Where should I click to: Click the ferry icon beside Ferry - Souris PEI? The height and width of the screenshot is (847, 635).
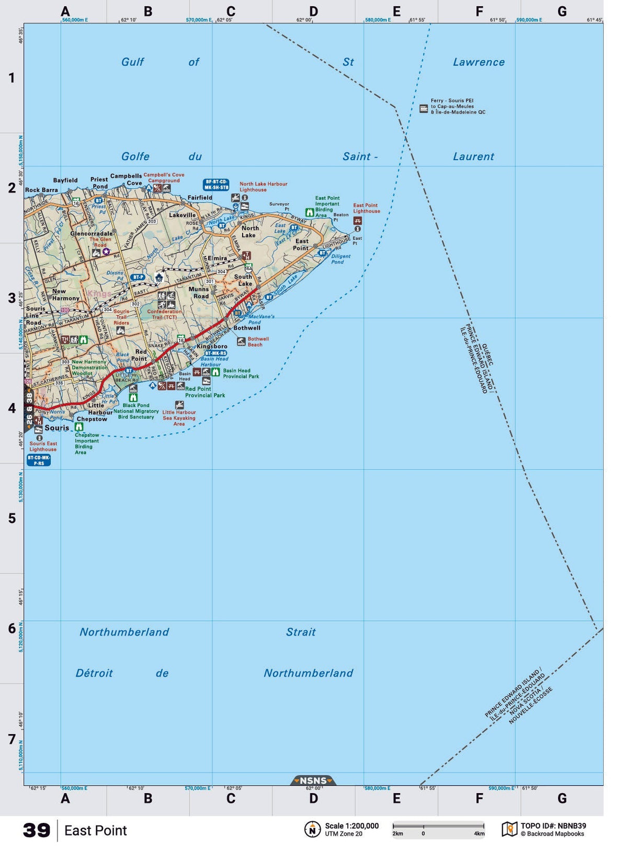pyautogui.click(x=424, y=108)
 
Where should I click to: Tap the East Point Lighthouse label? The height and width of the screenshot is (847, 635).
pyautogui.click(x=366, y=208)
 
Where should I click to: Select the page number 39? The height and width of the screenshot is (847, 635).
pyautogui.click(x=37, y=830)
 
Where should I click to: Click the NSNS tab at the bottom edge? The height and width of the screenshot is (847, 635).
pyautogui.click(x=313, y=781)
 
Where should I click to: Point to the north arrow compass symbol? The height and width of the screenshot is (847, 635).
pyautogui.click(x=312, y=829)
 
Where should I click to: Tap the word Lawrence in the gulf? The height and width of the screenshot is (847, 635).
pyautogui.click(x=479, y=62)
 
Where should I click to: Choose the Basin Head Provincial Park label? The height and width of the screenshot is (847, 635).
pyautogui.click(x=241, y=373)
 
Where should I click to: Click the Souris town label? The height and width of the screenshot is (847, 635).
pyautogui.click(x=56, y=428)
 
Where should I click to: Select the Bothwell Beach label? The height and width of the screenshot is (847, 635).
pyautogui.click(x=258, y=342)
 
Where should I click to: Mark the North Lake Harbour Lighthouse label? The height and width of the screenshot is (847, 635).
pyautogui.click(x=263, y=187)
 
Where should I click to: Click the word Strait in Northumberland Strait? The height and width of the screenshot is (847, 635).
pyautogui.click(x=301, y=632)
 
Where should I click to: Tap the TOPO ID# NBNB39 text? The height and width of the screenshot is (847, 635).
pyautogui.click(x=553, y=826)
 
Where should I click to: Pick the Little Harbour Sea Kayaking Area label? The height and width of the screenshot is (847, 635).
pyautogui.click(x=179, y=418)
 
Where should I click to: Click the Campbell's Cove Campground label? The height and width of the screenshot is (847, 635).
pyautogui.click(x=164, y=177)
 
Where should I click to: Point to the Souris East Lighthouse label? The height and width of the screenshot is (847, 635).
pyautogui.click(x=43, y=446)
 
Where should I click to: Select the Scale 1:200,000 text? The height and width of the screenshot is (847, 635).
pyautogui.click(x=351, y=826)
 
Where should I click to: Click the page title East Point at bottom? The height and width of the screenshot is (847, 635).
pyautogui.click(x=96, y=831)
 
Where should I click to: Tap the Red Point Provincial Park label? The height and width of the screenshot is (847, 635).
pyautogui.click(x=205, y=392)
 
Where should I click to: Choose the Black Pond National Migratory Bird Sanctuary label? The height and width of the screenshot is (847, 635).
pyautogui.click(x=136, y=411)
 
